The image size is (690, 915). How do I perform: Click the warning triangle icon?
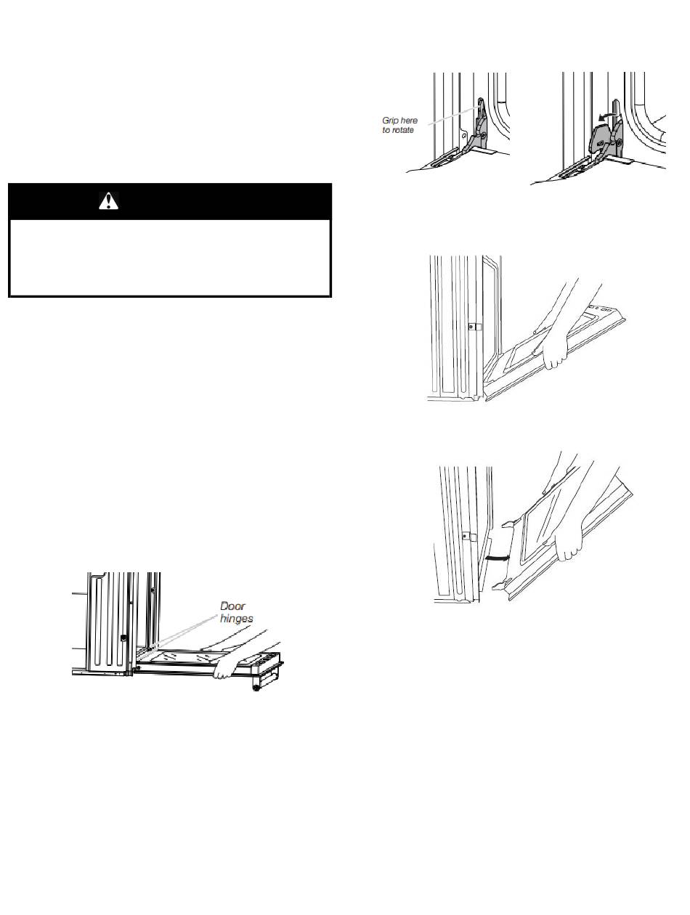coord(108,201)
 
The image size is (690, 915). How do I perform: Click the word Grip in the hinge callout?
coord(391,121)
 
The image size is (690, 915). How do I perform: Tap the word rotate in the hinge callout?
coord(403,130)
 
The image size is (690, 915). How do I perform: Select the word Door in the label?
coord(232,606)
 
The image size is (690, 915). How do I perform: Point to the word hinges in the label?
coord(236,619)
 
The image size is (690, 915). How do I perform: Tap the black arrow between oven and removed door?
coord(498,557)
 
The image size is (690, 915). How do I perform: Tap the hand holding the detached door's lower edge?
coord(568,546)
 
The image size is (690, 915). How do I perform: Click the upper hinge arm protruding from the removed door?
coord(509,524)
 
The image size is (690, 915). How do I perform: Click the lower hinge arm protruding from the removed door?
coord(500,587)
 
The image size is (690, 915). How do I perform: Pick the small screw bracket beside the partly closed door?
coord(474,328)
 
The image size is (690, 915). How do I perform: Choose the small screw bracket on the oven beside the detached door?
coord(469,537)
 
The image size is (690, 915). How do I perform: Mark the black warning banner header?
coord(170,201)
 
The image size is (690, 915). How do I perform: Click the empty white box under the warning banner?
coord(170,258)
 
